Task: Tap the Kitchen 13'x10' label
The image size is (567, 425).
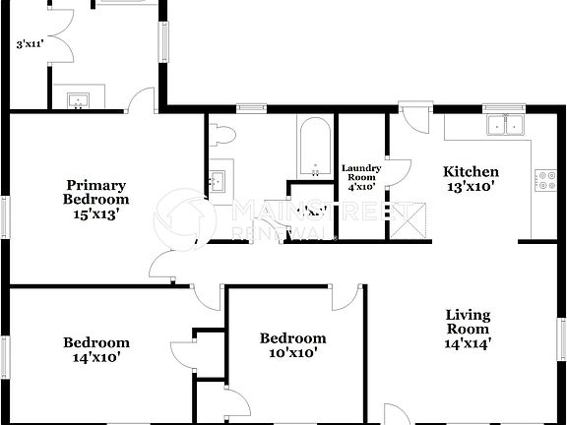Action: point(472,178)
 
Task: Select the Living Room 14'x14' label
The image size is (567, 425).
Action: point(468,329)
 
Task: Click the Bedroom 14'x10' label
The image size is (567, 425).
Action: point(96,349)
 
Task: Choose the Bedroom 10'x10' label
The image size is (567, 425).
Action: point(292,345)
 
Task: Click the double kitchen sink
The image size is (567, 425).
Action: point(506,124)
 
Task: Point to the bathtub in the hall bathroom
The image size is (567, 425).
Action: point(315,148)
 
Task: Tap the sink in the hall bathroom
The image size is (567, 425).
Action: point(219,181)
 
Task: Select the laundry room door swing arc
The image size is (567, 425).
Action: point(400,172)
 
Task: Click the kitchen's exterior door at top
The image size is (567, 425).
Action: point(413,120)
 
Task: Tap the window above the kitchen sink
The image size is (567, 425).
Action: point(506,106)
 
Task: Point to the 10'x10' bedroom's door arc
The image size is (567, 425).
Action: point(345,298)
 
